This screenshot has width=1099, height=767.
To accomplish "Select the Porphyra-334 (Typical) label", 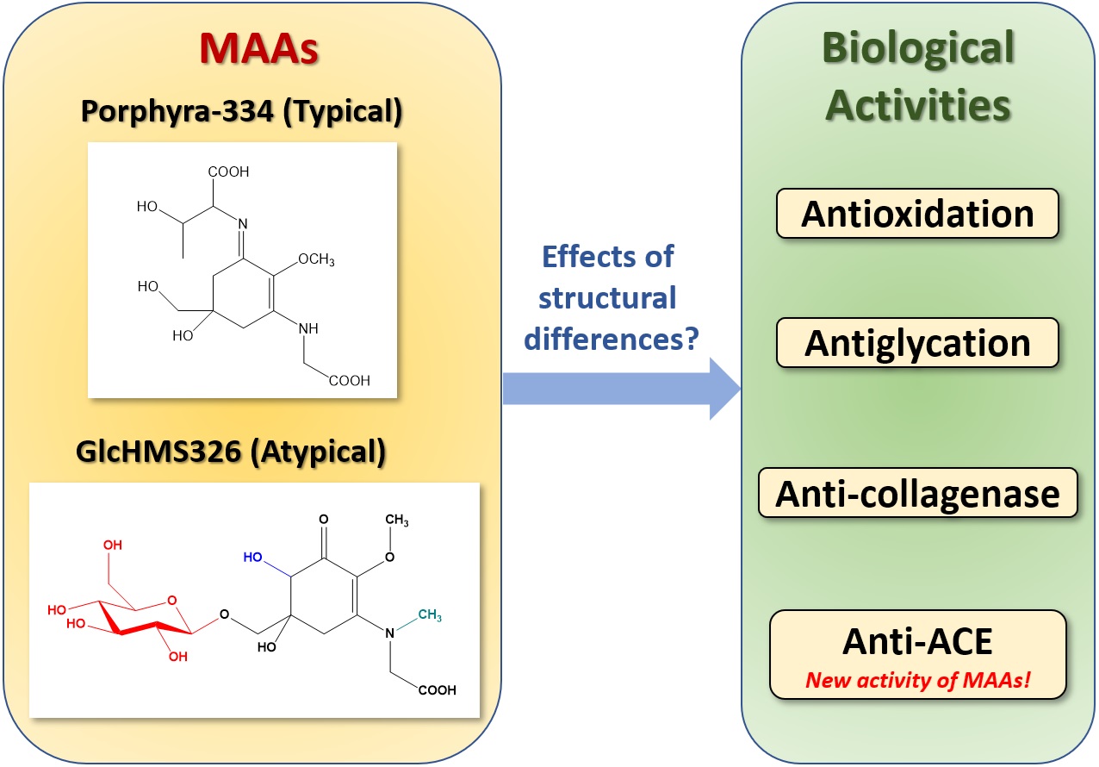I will point(244,112).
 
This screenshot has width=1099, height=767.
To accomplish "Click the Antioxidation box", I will point(917,213).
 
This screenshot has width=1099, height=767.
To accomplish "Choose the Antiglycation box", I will point(917,342).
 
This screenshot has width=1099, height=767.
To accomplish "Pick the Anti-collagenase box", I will point(917,493).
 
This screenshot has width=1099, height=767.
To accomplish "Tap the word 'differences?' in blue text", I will point(611,339).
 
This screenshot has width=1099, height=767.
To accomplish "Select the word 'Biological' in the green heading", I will point(918,51).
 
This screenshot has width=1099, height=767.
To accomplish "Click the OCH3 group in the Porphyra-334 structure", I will point(315,260).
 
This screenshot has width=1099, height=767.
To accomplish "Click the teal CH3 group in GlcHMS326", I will point(431,614).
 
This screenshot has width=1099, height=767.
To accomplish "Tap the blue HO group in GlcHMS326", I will point(252,558).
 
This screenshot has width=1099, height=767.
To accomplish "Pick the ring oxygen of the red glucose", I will point(170,602).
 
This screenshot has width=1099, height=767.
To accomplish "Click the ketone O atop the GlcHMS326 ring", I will point(323,520).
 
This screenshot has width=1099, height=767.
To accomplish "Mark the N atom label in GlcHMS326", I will point(389,634).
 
